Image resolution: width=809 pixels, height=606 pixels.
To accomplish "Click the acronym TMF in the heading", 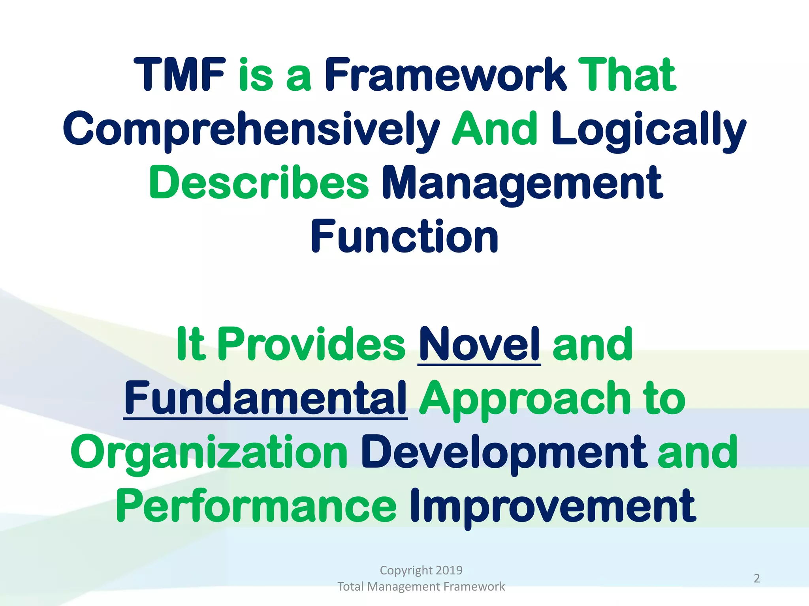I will (179, 75).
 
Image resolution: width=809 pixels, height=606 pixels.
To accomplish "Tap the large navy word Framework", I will (445, 75).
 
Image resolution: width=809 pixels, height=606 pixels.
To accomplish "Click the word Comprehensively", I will (251, 129).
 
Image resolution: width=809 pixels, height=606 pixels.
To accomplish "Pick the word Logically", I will (648, 129).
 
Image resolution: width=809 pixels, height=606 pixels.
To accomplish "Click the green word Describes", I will (259, 182).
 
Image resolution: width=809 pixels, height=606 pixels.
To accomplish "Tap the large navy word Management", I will (522, 183).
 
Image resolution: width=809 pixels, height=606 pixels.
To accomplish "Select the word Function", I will (404, 236).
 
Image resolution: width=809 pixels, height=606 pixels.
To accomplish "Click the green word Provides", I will (311, 344).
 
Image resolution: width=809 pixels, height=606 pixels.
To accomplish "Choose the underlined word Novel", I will (479, 344).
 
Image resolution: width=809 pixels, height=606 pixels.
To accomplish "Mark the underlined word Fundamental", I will (265, 398).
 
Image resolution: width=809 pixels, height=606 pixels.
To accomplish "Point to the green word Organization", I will (209, 453).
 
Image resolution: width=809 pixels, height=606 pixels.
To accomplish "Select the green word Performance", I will (256, 506).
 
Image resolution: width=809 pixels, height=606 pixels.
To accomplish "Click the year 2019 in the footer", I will (449, 570).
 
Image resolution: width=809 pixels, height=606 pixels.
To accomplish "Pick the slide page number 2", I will (756, 578).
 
